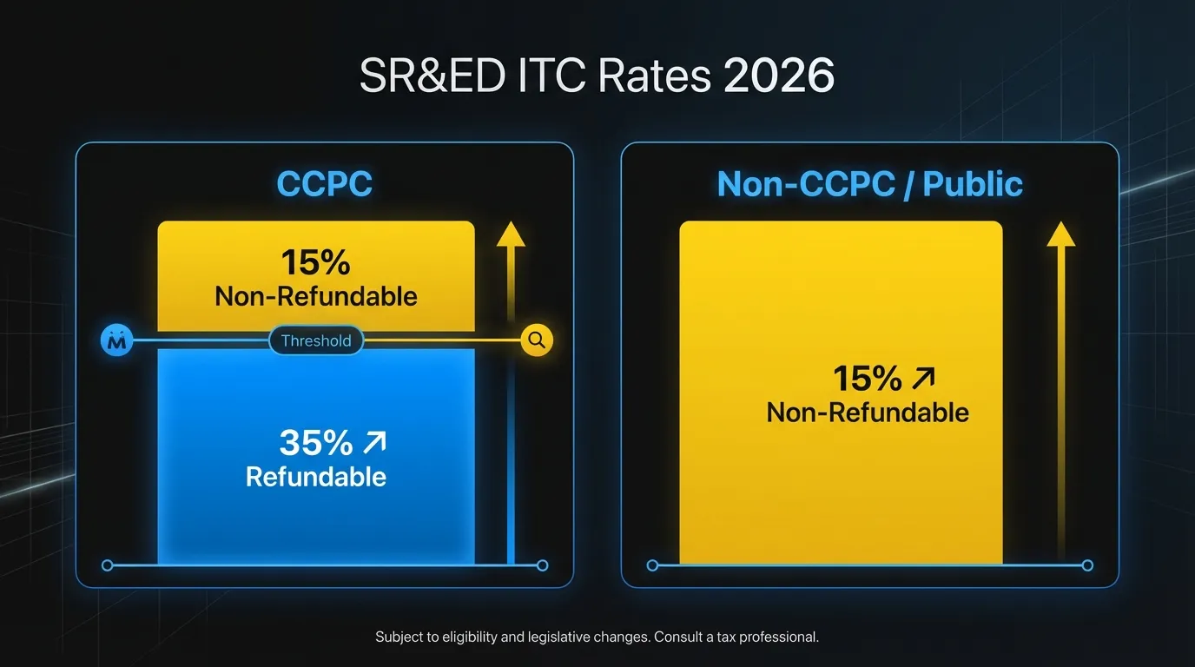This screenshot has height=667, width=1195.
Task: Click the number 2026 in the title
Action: [778, 77]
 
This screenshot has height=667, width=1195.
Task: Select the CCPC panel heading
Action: [324, 184]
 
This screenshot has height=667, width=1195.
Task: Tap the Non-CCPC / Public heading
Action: [869, 184]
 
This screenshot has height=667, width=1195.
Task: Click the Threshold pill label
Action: [316, 341]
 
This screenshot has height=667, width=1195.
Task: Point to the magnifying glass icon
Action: [537, 340]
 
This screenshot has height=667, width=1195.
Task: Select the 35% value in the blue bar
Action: [315, 443]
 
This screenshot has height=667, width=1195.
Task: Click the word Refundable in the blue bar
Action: [316, 477]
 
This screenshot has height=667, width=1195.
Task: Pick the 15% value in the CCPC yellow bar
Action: [315, 263]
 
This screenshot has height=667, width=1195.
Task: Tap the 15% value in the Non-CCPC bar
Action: [868, 379]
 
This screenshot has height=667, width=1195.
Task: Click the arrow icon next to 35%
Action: [374, 444]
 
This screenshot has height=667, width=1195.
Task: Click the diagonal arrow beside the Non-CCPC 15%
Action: [924, 379]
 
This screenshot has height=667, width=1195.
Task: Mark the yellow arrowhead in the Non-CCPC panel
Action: [1060, 234]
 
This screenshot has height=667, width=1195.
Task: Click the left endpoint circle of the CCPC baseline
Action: [108, 565]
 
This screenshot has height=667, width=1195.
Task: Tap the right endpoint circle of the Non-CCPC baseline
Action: [1087, 565]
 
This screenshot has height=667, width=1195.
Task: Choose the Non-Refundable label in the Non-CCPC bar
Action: [868, 412]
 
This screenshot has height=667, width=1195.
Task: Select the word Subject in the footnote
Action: [399, 637]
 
